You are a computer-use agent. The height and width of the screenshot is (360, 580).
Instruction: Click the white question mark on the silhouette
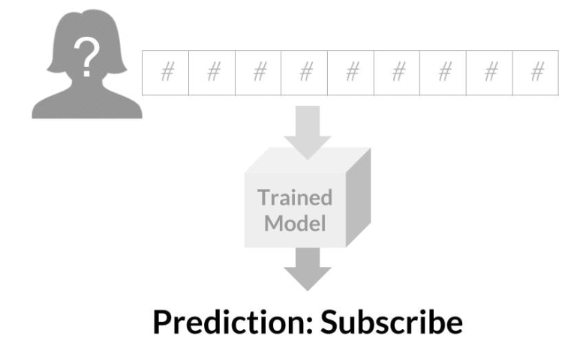[x=87, y=56]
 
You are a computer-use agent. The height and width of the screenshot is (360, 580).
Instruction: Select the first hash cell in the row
[x=165, y=73]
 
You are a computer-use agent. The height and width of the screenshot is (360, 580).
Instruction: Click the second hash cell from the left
[x=212, y=73]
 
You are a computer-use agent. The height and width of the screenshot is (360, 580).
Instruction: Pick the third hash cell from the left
[x=258, y=73]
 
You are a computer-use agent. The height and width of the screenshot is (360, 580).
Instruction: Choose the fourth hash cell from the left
[x=305, y=73]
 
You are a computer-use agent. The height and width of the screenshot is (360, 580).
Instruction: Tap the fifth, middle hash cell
[x=350, y=73]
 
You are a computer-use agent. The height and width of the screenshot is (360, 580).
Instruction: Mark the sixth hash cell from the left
[x=397, y=73]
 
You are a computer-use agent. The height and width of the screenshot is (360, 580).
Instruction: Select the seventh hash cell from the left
[x=443, y=73]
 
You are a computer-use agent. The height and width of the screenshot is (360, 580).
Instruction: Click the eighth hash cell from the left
[x=489, y=73]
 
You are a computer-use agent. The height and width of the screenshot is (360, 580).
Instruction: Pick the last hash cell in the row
[x=536, y=73]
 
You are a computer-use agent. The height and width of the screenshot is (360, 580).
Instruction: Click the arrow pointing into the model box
[x=308, y=133]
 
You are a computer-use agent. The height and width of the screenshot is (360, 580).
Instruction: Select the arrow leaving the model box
[x=308, y=269]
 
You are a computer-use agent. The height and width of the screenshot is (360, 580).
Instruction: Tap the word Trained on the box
[x=295, y=197]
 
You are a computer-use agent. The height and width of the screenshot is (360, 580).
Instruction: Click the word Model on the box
[x=295, y=223]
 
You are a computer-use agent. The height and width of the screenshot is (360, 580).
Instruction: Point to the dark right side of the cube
[x=358, y=197]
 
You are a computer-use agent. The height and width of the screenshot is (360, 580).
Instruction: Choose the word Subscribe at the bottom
[x=392, y=322]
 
